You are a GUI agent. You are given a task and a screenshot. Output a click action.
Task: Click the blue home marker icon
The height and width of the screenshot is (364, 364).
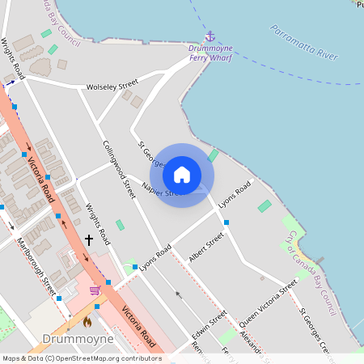(182, 175)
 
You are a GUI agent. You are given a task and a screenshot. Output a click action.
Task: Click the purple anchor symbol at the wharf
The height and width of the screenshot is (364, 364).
(210, 36)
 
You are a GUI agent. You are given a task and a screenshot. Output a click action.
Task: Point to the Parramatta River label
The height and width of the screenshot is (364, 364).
(305, 44)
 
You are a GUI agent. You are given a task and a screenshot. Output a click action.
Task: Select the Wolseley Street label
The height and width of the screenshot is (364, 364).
(112, 85)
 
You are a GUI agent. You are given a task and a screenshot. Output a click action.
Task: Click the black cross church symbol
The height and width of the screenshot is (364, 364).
(88, 239)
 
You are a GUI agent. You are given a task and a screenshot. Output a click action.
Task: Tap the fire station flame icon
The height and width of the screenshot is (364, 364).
(87, 320)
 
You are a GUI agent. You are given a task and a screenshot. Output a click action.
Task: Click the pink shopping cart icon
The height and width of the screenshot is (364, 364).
(95, 290)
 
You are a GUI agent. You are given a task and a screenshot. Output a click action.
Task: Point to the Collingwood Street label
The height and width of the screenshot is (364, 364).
(119, 170)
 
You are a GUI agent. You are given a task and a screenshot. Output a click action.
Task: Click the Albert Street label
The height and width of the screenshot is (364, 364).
(205, 247)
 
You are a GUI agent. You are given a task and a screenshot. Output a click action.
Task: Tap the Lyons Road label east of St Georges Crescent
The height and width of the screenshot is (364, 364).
(235, 195)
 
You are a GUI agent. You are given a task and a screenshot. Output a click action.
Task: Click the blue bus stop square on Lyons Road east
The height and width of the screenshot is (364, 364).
(226, 222)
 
